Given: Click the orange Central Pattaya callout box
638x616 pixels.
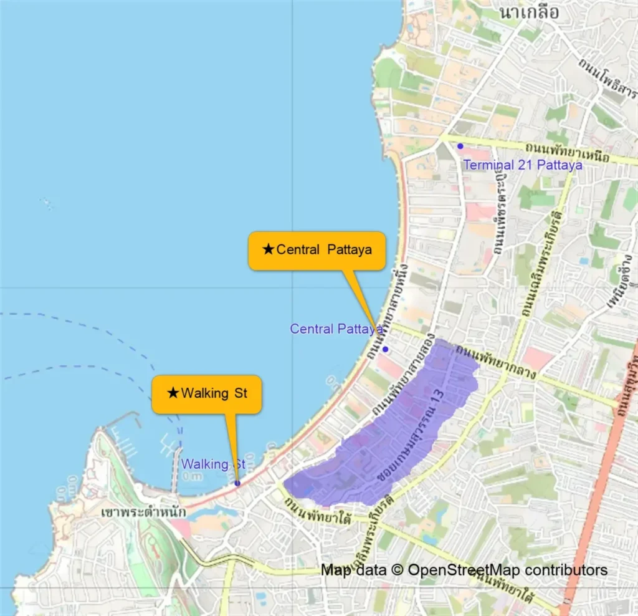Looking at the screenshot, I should [317, 251].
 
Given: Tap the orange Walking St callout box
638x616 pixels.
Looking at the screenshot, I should [206, 394].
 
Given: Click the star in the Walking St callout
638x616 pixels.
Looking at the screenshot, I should [173, 393].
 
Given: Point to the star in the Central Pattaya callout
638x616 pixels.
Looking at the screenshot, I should [268, 250].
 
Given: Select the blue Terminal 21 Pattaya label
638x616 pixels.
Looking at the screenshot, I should [523, 165].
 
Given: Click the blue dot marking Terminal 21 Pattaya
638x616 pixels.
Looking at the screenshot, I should [460, 146].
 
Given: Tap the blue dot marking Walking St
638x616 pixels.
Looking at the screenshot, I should [237, 483].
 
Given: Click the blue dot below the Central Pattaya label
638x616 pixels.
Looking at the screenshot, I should [385, 349].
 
